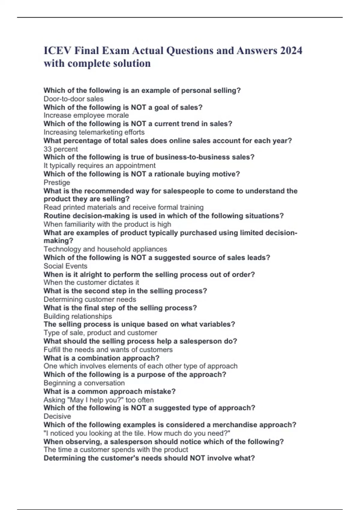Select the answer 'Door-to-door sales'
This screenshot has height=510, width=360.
click(x=73, y=99)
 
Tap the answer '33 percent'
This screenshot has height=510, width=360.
click(x=61, y=149)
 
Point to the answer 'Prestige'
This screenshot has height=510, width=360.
click(x=57, y=182)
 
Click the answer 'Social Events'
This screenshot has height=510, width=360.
click(x=65, y=266)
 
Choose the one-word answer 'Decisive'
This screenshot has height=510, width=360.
click(x=57, y=416)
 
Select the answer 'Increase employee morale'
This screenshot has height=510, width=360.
click(x=86, y=115)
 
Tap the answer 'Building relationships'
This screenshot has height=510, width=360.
click(x=78, y=316)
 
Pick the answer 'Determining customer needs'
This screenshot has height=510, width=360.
click(x=90, y=299)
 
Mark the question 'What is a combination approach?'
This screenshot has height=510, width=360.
click(x=101, y=358)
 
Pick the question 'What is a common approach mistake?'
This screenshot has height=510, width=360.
click(x=109, y=391)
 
